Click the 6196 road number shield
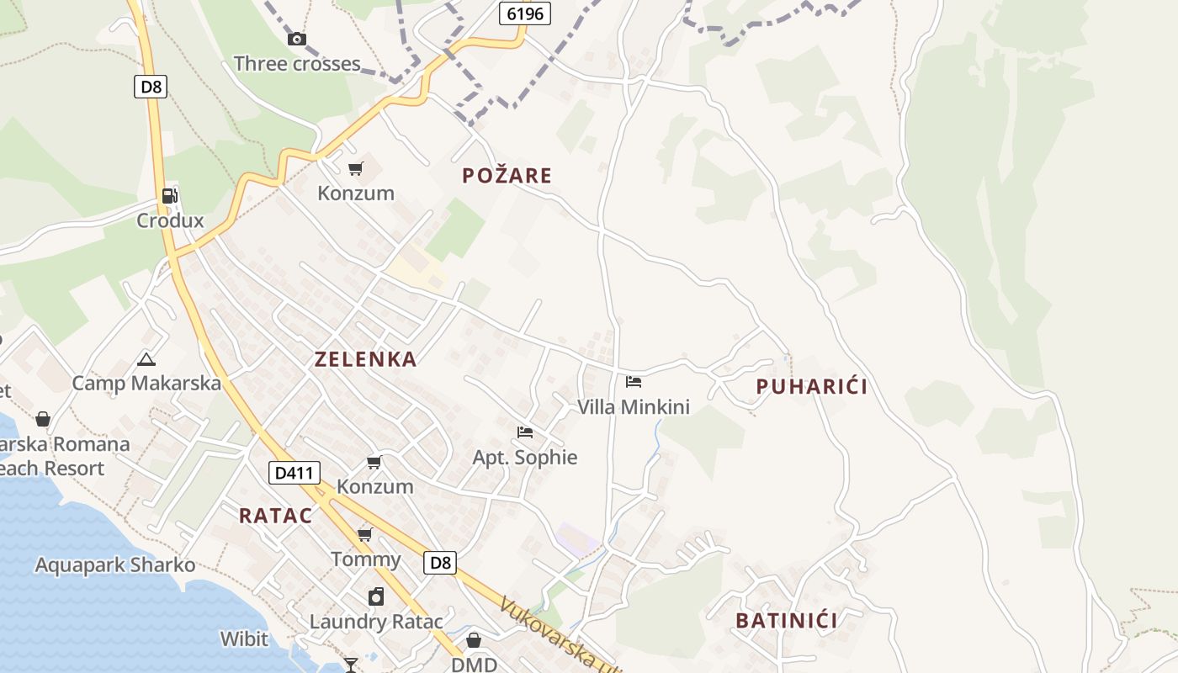click(524, 13)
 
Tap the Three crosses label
click(297, 64)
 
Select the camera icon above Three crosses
click(296, 39)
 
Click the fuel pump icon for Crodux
click(170, 196)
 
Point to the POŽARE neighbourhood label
click(507, 175)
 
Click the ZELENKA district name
click(365, 359)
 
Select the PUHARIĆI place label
click(811, 387)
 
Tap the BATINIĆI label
click(787, 621)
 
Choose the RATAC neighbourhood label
click(275, 516)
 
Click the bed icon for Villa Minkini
click(634, 382)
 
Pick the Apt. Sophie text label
click(525, 458)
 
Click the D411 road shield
click(294, 473)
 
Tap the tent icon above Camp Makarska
click(146, 359)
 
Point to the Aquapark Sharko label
click(114, 565)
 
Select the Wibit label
click(244, 639)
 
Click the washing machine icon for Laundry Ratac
click(376, 596)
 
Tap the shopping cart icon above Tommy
click(365, 535)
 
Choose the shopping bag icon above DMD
click(474, 640)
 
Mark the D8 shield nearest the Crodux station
click(150, 86)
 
